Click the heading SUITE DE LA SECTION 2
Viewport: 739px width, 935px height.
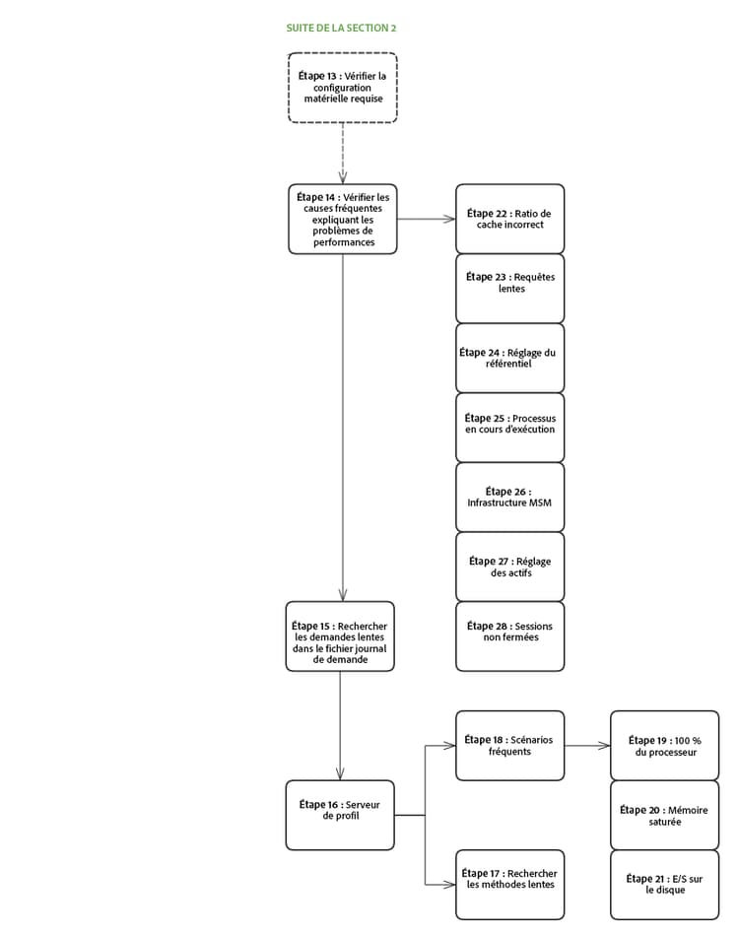point(341,29)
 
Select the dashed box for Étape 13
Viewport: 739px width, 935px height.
point(342,88)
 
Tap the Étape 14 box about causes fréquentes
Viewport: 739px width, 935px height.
point(343,219)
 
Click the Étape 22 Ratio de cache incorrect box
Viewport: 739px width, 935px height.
point(509,219)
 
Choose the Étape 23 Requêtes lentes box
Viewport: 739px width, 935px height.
point(509,288)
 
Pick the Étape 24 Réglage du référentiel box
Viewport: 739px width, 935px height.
point(509,358)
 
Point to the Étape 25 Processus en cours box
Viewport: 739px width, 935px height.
point(509,428)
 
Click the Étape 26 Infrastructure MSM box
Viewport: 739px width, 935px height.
point(509,498)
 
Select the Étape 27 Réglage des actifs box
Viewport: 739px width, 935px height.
point(509,567)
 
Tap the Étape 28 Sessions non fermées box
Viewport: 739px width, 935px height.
point(509,636)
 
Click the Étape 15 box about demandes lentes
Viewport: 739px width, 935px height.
point(340,636)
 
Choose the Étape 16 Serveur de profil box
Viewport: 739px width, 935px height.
point(340,815)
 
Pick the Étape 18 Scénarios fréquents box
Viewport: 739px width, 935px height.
point(509,745)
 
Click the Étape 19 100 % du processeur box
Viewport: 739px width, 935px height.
point(665,745)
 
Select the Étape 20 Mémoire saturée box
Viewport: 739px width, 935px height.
point(665,815)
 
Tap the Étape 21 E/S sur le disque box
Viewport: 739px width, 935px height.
point(665,884)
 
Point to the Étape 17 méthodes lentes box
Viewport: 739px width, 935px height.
point(509,884)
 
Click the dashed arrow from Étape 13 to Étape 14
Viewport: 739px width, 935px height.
point(342,153)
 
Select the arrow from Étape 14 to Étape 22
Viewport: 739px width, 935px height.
point(426,219)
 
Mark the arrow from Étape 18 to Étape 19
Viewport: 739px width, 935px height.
point(587,746)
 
